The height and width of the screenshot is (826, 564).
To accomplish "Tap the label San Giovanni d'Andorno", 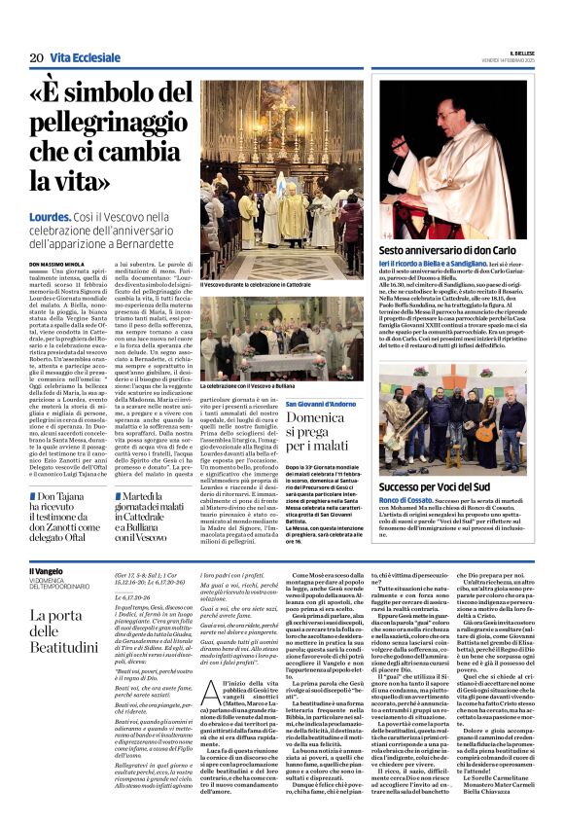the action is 324,404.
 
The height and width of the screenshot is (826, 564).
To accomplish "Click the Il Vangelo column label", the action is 46,571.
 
